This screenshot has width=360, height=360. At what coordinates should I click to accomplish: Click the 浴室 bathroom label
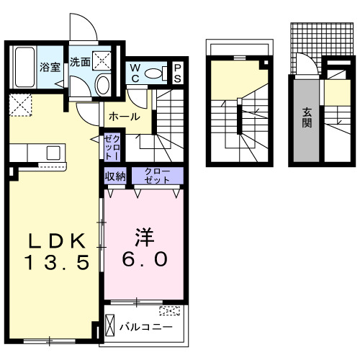pyautogui.click(x=50, y=67)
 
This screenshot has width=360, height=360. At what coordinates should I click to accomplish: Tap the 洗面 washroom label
pyautogui.click(x=80, y=63)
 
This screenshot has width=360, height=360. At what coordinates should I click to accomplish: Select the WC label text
pyautogui.click(x=135, y=73)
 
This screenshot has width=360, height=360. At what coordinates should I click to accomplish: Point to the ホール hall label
pyautogui.click(x=124, y=117)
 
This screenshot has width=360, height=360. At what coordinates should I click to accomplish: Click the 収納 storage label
pyautogui.click(x=115, y=175)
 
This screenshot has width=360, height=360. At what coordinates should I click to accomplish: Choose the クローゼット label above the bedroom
pyautogui.click(x=156, y=175)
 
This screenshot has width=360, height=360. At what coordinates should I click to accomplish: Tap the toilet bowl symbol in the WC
pyautogui.click(x=153, y=73)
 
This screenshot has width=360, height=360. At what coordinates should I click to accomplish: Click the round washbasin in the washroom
pyautogui.click(x=102, y=86)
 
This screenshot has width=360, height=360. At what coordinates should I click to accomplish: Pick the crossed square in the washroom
pyautogui.click(x=103, y=60)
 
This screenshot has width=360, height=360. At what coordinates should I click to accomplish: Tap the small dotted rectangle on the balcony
pyautogui.click(x=170, y=311)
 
